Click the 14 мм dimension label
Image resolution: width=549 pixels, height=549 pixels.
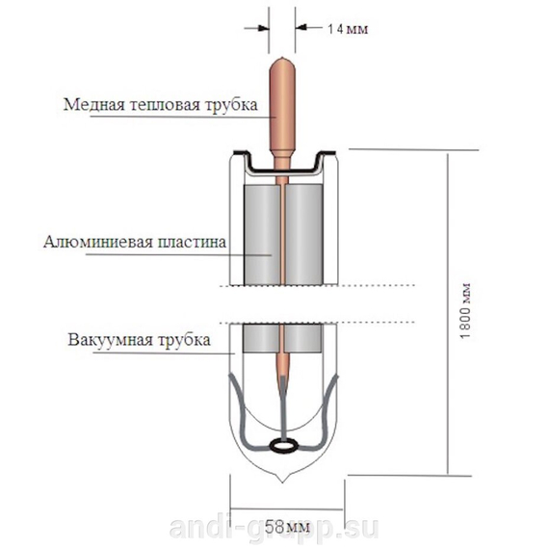(348, 29)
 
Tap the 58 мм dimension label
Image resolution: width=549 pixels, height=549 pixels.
(287, 527)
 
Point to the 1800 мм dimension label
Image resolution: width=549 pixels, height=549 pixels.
(465, 310)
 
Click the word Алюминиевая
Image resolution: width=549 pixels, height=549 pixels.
(97, 242)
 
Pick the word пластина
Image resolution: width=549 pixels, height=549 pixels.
(191, 242)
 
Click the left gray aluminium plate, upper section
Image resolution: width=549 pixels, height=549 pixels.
(261, 235)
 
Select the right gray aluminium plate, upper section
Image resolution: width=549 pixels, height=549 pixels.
(303, 235)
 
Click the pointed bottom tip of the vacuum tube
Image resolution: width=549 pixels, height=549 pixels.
(283, 483)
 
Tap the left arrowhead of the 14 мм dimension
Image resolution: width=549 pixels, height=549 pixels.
(265, 28)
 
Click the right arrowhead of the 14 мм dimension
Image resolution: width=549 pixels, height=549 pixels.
(301, 27)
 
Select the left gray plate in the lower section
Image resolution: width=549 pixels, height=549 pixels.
(261, 337)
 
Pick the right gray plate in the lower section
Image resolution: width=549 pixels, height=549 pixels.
(303, 337)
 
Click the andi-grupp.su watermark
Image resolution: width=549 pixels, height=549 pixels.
(274, 528)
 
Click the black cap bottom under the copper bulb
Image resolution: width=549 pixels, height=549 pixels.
(283, 170)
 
